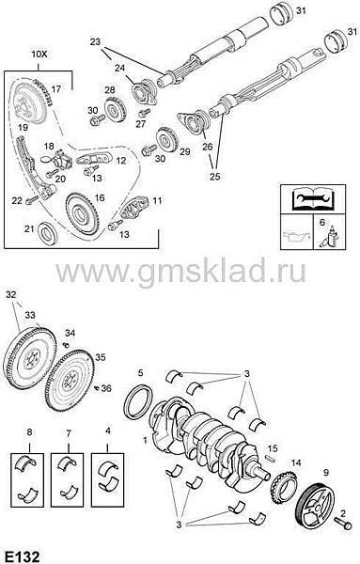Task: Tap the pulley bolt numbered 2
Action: pyautogui.click(x=343, y=523)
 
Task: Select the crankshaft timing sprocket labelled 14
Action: pyautogui.click(x=284, y=486)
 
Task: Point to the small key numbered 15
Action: pyautogui.click(x=271, y=459)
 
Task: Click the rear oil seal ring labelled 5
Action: pyautogui.click(x=137, y=401)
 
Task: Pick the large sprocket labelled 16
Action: pyautogui.click(x=83, y=214)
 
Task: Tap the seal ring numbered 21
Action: pyautogui.click(x=48, y=233)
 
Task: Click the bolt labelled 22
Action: pyautogui.click(x=32, y=199)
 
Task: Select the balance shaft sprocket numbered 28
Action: pyautogui.click(x=115, y=110)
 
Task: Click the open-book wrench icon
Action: pyautogui.click(x=313, y=199)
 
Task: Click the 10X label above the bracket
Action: pyautogui.click(x=39, y=55)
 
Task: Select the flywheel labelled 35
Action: pyautogui.click(x=70, y=381)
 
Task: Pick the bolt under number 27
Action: pyautogui.click(x=144, y=113)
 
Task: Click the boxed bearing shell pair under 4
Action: pyautogui.click(x=107, y=480)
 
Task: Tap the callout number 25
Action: pyautogui.click(x=214, y=177)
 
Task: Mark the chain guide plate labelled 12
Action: pyautogui.click(x=94, y=159)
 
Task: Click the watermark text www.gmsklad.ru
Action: pyautogui.click(x=180, y=271)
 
